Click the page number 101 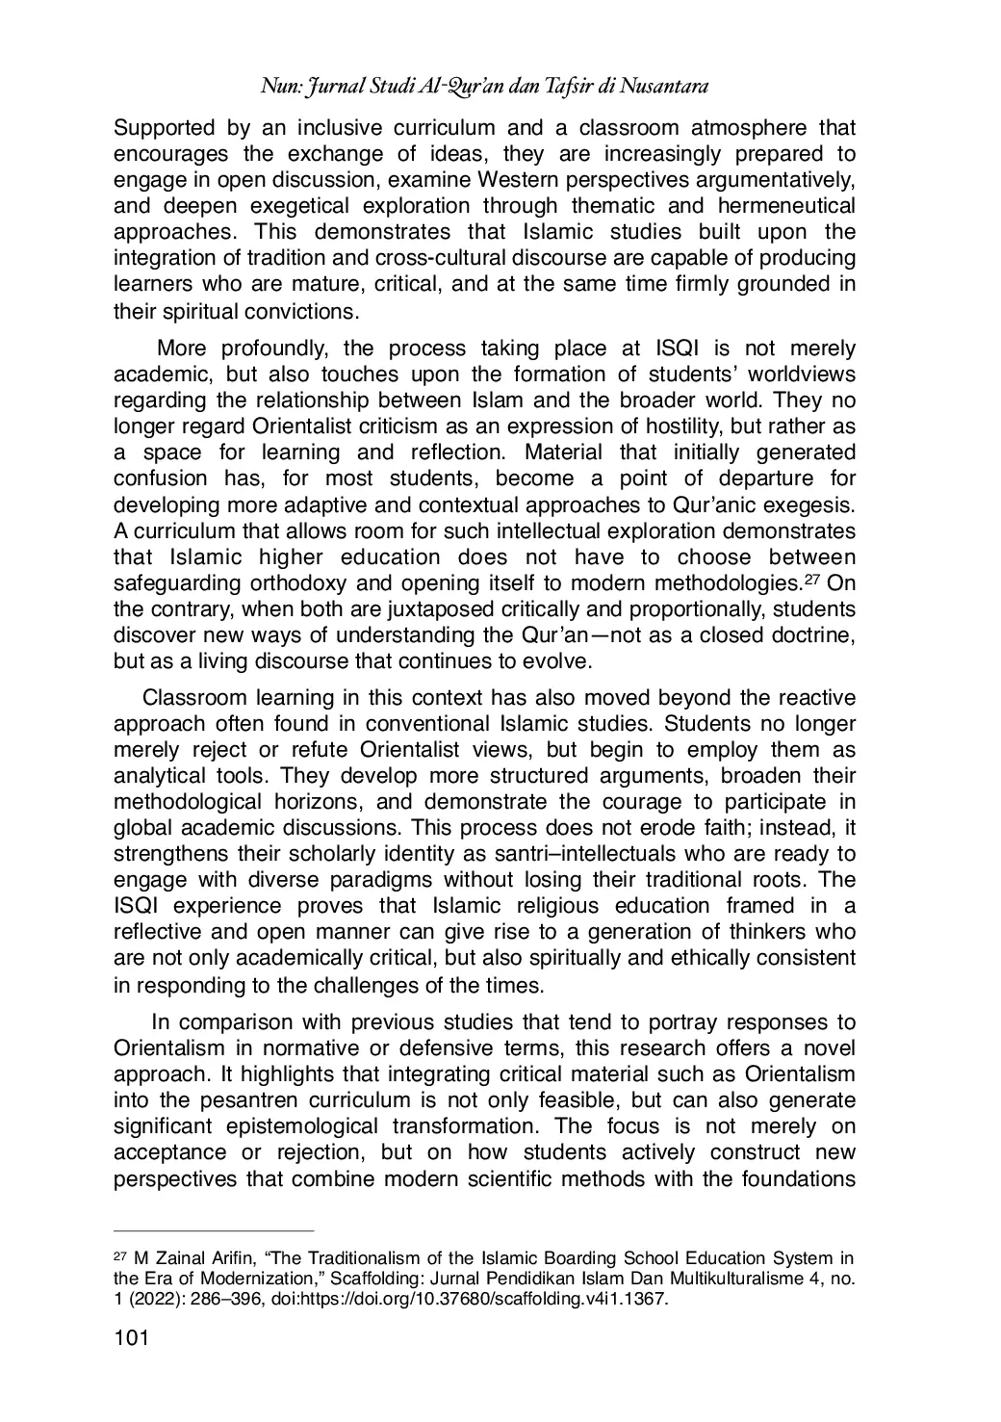click(129, 1337)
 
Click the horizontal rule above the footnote click(214, 1229)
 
